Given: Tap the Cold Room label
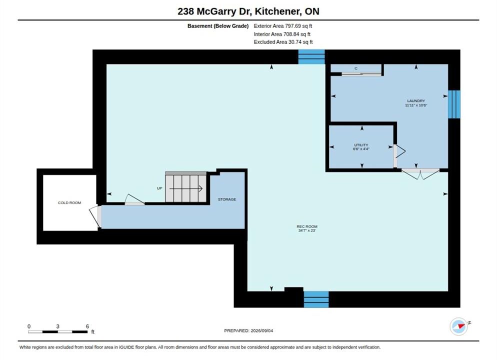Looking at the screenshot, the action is tap(69, 203).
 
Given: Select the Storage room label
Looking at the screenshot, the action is tap(227, 199).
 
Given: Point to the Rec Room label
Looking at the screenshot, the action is tap(307, 226).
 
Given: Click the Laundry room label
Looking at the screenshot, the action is tap(416, 101).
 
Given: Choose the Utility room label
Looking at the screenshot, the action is tap(361, 145).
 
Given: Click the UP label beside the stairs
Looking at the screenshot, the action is tap(159, 188).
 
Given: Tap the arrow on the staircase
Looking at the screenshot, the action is tap(185, 188).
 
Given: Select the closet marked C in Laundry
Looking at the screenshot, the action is tap(356, 68).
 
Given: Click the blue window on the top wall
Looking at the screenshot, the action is tap(311, 56).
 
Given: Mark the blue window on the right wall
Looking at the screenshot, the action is tap(454, 104).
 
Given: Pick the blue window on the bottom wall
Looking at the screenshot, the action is tap(316, 299).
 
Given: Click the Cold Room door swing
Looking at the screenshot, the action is tap(94, 216).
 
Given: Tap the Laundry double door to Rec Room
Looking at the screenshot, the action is tap(420, 174).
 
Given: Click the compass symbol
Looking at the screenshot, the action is tap(459, 326).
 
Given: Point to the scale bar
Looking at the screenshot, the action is tap(57, 332).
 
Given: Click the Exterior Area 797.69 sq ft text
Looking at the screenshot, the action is tap(282, 26).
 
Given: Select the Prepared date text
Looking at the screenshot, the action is tap(248, 330).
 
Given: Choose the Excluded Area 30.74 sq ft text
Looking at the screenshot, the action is tap(283, 42).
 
